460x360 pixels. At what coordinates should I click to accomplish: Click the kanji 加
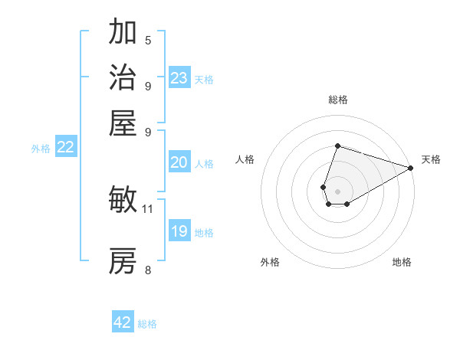tap(123, 34)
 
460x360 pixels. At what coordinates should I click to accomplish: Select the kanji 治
tap(123, 78)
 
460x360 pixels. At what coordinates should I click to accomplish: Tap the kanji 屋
tap(123, 123)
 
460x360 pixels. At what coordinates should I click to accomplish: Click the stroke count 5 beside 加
tap(148, 41)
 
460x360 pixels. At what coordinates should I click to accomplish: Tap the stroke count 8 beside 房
tap(148, 269)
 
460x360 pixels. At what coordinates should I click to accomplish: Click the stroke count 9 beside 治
tap(148, 86)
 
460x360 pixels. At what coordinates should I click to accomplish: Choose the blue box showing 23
tap(179, 78)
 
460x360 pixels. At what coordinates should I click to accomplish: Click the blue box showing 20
tap(179, 162)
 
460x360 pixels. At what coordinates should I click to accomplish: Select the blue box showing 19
tap(179, 231)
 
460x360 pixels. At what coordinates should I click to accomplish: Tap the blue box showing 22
tap(66, 148)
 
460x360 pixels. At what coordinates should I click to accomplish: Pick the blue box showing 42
tap(123, 322)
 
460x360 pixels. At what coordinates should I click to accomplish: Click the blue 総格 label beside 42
tap(147, 324)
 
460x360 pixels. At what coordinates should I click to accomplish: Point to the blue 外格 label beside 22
tap(41, 149)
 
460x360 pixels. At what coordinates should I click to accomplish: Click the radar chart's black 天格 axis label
tap(431, 159)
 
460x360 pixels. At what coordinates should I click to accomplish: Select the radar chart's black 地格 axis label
tap(402, 262)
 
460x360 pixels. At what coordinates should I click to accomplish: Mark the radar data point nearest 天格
tap(410, 169)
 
